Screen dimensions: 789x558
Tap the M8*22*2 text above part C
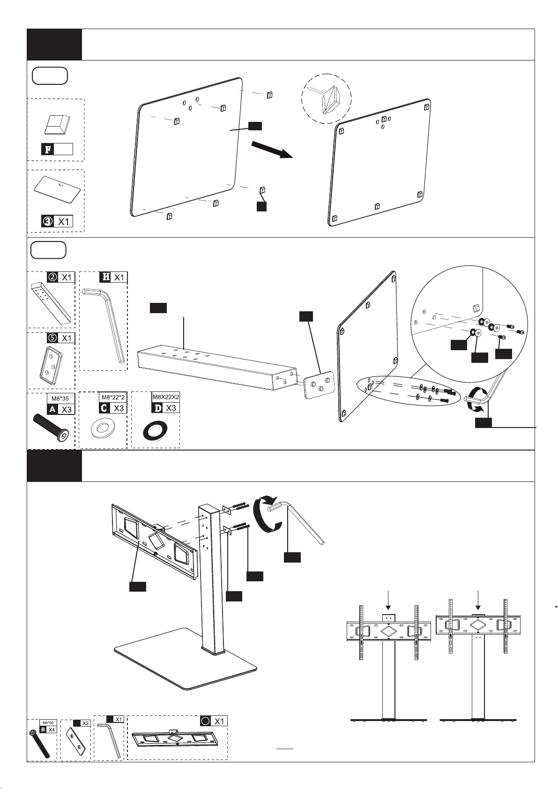pyautogui.click(x=113, y=398)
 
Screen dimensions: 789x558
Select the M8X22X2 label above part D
pyautogui.click(x=166, y=397)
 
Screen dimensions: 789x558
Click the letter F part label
pyautogui.click(x=47, y=150)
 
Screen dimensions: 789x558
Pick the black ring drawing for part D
pyautogui.click(x=155, y=429)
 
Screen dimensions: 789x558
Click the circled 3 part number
pyautogui.click(x=47, y=221)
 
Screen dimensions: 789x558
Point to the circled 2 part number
pyautogui.click(x=53, y=277)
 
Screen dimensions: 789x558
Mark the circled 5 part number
pyautogui.click(x=53, y=338)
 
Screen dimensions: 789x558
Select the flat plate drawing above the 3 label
pyautogui.click(x=57, y=188)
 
